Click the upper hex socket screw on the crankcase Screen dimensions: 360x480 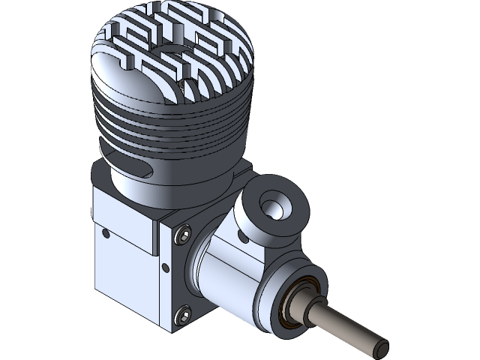pyautogui.click(x=182, y=238)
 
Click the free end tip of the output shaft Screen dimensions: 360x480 pyautogui.click(x=380, y=346)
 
